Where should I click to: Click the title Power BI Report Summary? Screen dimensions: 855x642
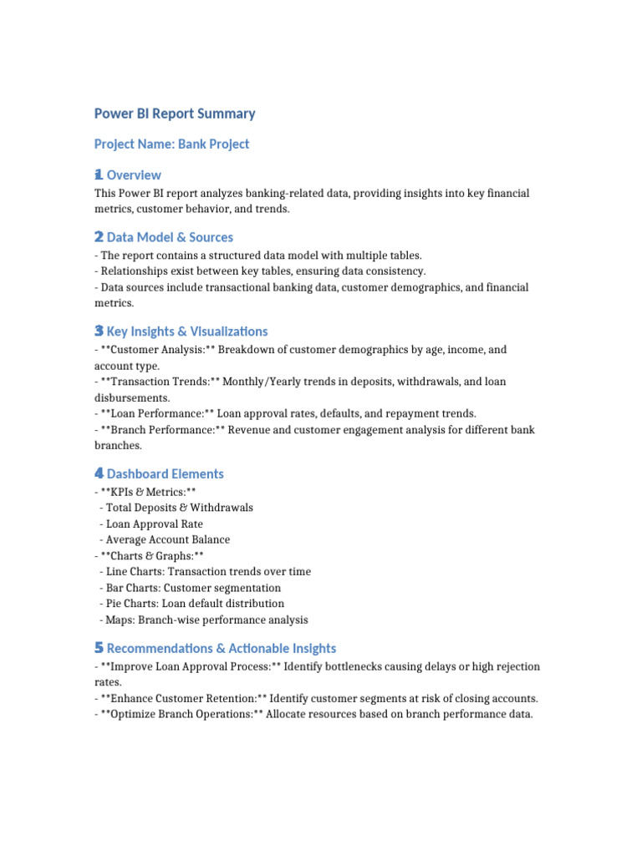click(x=175, y=114)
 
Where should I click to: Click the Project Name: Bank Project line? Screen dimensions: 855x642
click(x=171, y=144)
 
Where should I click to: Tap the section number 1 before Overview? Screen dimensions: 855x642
click(x=99, y=175)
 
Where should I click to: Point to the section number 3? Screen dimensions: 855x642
click(x=99, y=331)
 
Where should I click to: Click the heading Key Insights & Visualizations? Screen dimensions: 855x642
click(x=187, y=331)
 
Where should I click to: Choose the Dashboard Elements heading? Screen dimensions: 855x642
click(x=165, y=474)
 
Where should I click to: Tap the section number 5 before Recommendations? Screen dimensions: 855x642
click(x=99, y=649)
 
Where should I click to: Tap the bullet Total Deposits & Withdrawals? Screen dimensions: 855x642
click(x=179, y=508)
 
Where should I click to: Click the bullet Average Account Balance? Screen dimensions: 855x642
click(x=167, y=539)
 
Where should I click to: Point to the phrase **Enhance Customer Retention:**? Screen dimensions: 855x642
click(x=183, y=698)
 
